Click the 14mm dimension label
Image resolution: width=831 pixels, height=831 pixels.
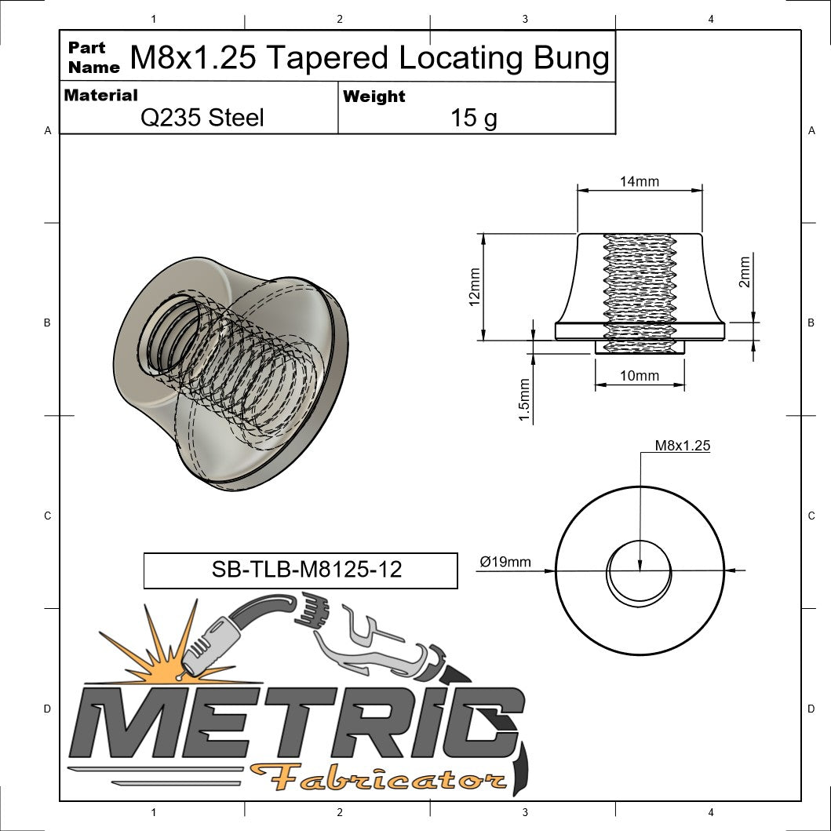coord(639,181)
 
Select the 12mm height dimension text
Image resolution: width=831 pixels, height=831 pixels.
coord(475,287)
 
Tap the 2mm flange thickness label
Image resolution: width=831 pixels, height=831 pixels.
coord(745,271)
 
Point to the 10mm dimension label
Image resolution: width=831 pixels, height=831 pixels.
coord(639,376)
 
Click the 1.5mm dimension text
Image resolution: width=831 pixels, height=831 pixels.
coord(525,399)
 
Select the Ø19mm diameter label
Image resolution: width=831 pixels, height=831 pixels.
coord(505,562)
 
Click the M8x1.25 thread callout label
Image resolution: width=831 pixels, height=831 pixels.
coord(682,445)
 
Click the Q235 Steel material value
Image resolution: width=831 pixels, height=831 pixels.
coord(202,118)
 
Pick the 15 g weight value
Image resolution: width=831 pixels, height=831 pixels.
coord(473,118)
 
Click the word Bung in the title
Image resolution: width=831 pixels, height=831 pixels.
coord(571,58)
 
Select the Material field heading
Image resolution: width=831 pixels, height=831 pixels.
coord(100,96)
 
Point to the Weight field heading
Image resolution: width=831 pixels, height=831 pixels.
coord(374,97)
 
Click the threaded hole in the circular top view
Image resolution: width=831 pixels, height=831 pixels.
coord(640,571)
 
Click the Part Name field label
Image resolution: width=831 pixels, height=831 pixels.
coord(93,57)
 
